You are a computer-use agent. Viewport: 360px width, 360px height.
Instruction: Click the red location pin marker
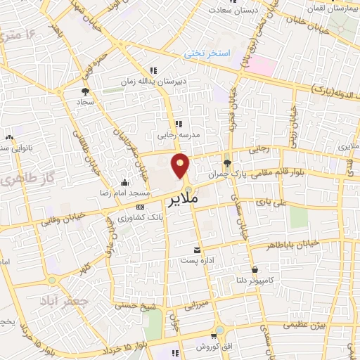click(181, 165)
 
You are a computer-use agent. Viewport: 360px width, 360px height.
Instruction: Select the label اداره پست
click(195, 261)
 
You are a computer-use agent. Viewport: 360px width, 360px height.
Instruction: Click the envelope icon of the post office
click(196, 250)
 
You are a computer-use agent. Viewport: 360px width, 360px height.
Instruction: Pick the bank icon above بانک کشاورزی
click(140, 207)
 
